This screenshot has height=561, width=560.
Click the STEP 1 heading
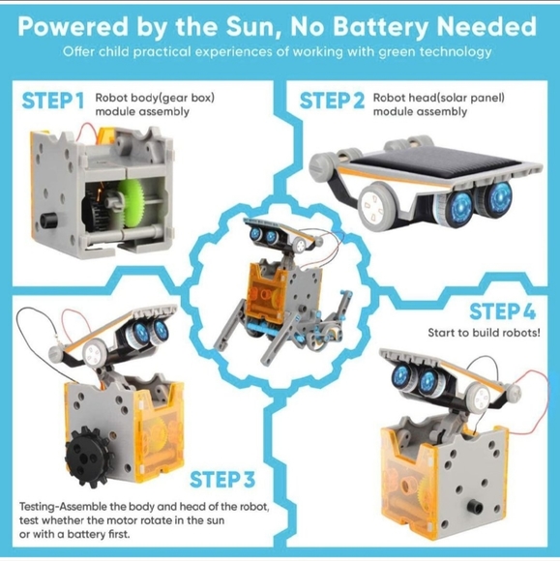[53, 101]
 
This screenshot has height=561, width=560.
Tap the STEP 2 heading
[332, 101]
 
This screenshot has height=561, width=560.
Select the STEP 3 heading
[222, 480]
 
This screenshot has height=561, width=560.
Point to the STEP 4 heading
[502, 311]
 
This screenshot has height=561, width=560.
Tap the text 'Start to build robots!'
[484, 333]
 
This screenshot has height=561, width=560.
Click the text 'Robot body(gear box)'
[155, 98]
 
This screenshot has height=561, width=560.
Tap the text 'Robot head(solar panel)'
[438, 98]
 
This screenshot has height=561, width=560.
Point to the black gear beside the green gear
[95, 212]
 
